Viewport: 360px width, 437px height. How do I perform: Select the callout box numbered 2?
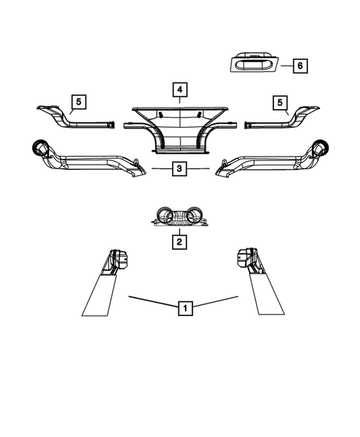coord(179,242)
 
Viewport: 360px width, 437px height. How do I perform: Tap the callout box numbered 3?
coord(180,169)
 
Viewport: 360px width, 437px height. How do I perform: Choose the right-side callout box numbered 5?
coord(280,101)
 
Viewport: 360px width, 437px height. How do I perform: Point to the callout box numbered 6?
coord(299,65)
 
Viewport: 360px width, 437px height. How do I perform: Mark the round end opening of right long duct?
coord(322,148)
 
